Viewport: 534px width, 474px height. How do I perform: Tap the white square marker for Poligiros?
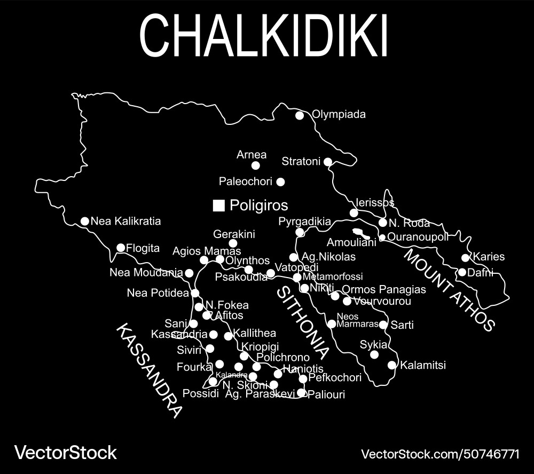(218, 206)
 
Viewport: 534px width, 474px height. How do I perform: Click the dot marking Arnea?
(256, 165)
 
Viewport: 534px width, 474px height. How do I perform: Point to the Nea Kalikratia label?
(125, 221)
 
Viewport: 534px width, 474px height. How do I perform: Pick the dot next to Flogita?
(121, 248)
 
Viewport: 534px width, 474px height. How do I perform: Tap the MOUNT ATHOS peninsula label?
(449, 289)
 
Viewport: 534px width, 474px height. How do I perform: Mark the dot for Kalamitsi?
(392, 365)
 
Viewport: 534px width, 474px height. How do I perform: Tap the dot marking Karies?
(465, 258)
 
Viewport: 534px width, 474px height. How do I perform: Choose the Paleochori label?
(246, 181)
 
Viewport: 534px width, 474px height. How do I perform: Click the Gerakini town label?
(234, 234)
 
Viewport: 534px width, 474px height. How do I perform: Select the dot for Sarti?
(383, 325)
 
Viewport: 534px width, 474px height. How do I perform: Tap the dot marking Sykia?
(374, 354)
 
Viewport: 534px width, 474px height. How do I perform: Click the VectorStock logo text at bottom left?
(65, 453)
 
